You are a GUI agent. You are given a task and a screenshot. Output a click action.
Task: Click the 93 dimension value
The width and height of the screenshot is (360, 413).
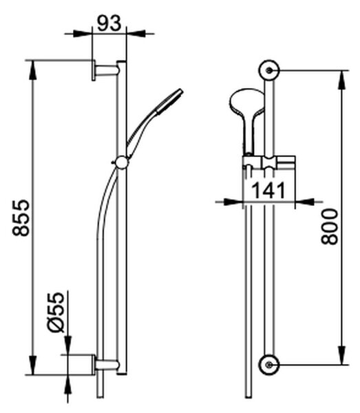109,23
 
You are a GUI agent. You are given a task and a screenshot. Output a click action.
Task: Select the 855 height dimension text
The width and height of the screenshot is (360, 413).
21,218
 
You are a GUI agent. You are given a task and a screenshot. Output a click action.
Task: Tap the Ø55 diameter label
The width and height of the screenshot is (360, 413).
56,313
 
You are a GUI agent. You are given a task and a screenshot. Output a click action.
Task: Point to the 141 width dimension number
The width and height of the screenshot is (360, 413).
268,190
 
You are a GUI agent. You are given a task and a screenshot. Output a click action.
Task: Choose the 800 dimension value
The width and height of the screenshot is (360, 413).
330,226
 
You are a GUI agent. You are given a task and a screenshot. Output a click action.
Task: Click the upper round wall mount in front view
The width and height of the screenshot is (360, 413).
268,70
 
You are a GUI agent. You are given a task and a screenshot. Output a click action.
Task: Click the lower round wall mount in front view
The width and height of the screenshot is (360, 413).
268,365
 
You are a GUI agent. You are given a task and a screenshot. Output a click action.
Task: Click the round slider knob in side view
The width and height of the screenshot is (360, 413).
121,162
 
